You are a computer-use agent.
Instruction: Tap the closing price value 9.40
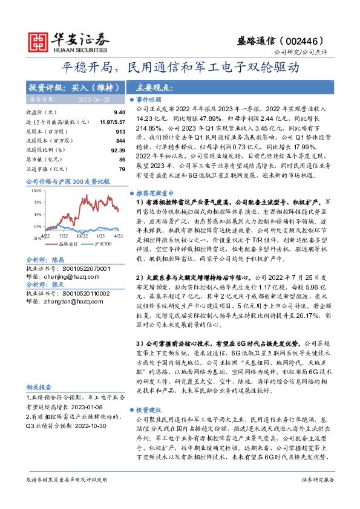tap(119, 112)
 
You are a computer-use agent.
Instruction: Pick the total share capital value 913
tap(120, 131)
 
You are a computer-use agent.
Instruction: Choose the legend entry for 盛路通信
tap(69, 243)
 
